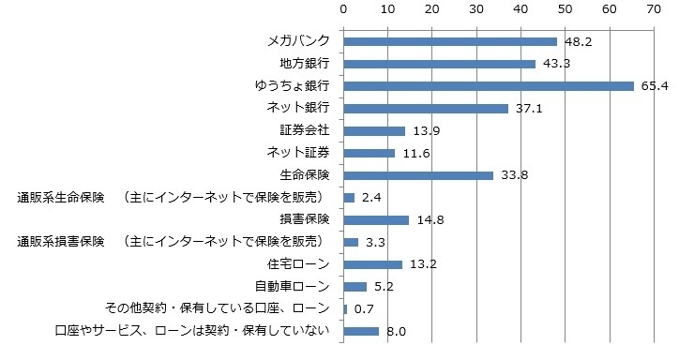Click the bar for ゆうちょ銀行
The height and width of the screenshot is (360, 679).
click(x=489, y=85)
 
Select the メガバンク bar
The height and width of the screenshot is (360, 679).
click(x=450, y=41)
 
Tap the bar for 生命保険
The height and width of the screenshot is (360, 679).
click(x=418, y=174)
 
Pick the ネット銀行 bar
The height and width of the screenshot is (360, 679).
click(x=426, y=108)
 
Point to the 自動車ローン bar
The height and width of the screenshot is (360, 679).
click(x=355, y=286)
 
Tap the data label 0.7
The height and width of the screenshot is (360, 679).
click(x=364, y=308)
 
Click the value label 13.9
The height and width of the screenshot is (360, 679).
click(x=425, y=131)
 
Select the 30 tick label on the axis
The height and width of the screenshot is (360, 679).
click(x=476, y=8)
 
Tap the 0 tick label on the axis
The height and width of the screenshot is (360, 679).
click(x=344, y=8)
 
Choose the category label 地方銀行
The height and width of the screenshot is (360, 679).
click(x=305, y=64)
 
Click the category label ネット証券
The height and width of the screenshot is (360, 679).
click(x=298, y=152)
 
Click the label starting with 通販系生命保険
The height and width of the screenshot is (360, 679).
click(x=169, y=197)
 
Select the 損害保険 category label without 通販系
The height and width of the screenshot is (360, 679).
click(x=305, y=219)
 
